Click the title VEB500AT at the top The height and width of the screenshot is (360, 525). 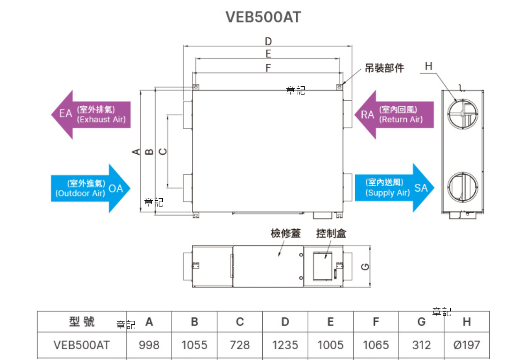(x=263, y=17)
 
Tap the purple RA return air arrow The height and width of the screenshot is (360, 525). (x=394, y=114)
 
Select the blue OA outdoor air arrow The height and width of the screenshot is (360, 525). (x=90, y=188)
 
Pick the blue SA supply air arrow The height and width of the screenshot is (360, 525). (x=394, y=188)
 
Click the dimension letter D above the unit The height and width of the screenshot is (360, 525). (x=268, y=41)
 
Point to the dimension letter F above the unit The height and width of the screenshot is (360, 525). (x=268, y=68)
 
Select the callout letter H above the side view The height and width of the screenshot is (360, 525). (x=429, y=66)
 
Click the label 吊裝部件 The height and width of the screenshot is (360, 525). (x=384, y=68)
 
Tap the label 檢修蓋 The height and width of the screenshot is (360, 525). (x=285, y=234)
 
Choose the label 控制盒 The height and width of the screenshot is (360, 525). (x=331, y=234)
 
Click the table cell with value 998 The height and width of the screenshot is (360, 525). (x=149, y=345)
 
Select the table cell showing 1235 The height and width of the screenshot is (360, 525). (x=285, y=345)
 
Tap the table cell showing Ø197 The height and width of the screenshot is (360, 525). (x=467, y=345)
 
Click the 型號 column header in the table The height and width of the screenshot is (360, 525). (x=82, y=322)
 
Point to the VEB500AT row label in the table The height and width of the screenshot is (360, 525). (x=82, y=345)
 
